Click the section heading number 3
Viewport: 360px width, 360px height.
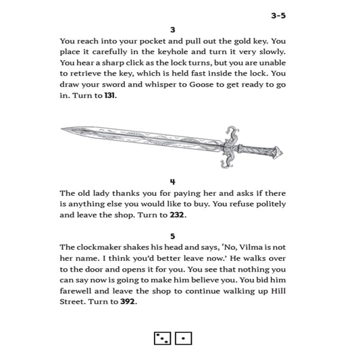[173, 30]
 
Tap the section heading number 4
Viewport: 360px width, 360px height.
[173, 182]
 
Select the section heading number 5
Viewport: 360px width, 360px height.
[173, 236]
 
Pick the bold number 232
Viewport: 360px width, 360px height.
[178, 215]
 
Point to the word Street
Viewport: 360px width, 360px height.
[74, 302]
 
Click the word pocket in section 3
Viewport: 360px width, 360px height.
[150, 41]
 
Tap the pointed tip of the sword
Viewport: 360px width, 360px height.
[63, 129]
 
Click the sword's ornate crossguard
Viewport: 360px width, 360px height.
[231, 145]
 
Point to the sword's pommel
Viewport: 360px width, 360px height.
[278, 153]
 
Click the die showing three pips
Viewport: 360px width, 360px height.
[162, 338]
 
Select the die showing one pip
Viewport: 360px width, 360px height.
[183, 338]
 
